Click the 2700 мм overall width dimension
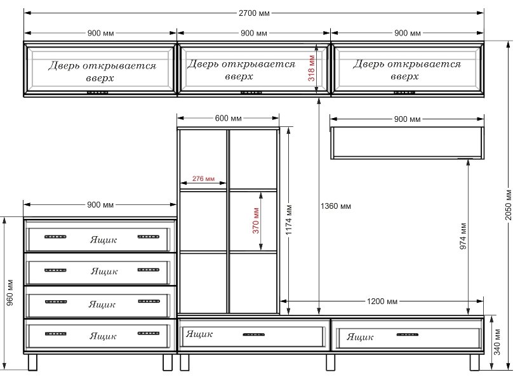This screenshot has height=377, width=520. coord(254,13)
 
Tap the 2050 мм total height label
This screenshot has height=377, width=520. coord(509,204)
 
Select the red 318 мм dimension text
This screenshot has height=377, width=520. coord(311,69)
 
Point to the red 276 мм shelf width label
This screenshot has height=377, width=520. coord(203,178)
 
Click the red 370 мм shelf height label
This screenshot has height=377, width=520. coord(256,220)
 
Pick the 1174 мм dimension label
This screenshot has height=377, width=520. coord(289,220)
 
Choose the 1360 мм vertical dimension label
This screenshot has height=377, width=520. coord(336,206)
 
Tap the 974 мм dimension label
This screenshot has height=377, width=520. coord(463,236)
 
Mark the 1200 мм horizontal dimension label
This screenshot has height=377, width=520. coord(382,301)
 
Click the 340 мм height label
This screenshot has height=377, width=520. coord(497,342)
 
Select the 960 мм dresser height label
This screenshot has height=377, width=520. coord(10,293)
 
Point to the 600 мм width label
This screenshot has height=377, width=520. coord(228,118)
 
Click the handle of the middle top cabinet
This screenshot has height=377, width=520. coord(251,93)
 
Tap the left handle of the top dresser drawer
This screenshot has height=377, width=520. coord(55,237)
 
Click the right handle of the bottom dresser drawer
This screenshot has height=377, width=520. coord(149,333)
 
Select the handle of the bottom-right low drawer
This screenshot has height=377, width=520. coord(408,334)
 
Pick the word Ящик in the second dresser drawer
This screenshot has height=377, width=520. coord(104,272)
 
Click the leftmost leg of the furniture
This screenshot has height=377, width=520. coord(33,362)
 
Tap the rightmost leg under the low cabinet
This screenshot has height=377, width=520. coord(475,362)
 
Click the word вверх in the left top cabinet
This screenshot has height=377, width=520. coord(100,78)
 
